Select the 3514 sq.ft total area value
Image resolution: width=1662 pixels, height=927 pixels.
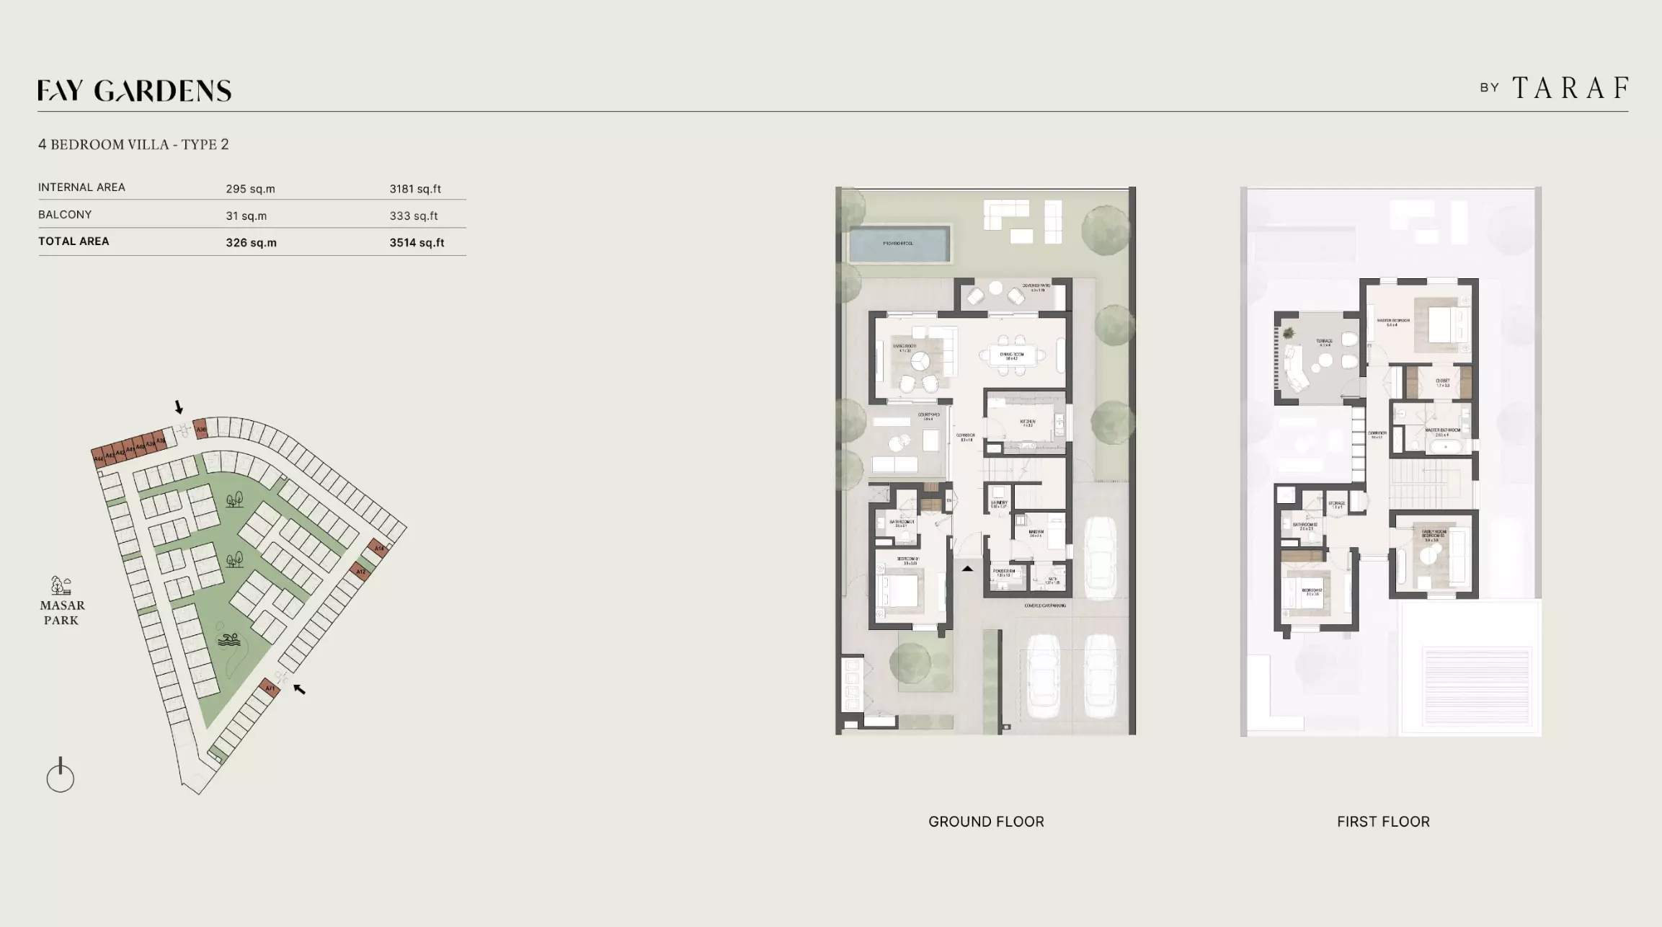click(417, 243)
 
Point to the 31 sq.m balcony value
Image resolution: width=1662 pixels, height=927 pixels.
click(246, 216)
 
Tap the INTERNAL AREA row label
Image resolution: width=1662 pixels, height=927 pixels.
click(81, 187)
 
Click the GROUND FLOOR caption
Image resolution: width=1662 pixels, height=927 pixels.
click(985, 822)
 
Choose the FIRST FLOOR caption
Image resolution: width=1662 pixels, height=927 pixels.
click(1382, 822)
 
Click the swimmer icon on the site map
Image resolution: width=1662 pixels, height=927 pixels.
click(228, 639)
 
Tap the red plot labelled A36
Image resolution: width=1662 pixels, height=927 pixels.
click(201, 429)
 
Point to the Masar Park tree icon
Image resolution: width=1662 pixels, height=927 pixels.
click(61, 585)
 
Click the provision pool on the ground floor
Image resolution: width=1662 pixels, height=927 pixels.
click(898, 244)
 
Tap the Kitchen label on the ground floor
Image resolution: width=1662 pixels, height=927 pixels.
click(1027, 422)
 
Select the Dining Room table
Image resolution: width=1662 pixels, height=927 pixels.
click(1012, 355)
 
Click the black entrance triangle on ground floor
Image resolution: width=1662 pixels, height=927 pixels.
click(967, 569)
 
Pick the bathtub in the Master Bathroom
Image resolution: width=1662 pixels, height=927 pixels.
click(1445, 447)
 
